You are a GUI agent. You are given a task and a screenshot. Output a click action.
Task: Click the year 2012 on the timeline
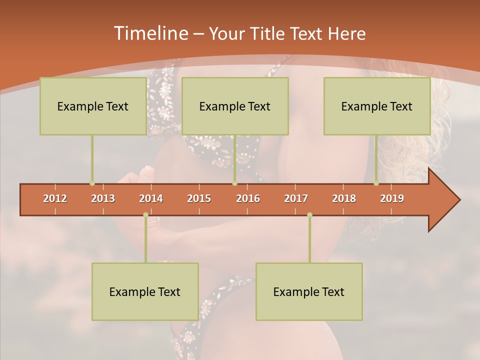(x=55, y=198)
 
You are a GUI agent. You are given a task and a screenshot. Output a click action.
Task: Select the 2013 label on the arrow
(x=103, y=198)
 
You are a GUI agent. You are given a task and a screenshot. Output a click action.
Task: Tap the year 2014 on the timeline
(x=151, y=198)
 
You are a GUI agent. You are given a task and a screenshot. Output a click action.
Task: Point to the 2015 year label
(x=199, y=198)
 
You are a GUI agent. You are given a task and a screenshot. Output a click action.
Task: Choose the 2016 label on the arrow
(x=248, y=198)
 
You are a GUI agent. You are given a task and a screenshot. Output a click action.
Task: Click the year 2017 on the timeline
(x=296, y=198)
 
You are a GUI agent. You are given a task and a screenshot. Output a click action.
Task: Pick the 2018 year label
(x=344, y=198)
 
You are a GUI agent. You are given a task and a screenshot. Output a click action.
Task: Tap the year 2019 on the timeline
(x=392, y=198)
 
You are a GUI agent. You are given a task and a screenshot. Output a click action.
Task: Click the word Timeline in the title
(x=150, y=33)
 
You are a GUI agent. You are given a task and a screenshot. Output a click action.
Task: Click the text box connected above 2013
(x=93, y=106)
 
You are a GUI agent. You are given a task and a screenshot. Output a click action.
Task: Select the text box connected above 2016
(x=235, y=106)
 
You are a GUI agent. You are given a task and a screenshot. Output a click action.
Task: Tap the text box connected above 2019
(x=377, y=106)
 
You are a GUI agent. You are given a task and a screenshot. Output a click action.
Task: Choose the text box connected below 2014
(x=145, y=291)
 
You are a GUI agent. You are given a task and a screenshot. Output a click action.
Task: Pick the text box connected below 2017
(x=309, y=291)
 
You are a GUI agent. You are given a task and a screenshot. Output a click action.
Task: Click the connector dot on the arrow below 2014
(x=145, y=214)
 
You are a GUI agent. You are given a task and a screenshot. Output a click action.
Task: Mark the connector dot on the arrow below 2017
(x=309, y=214)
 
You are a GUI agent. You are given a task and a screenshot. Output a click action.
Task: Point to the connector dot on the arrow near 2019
(x=376, y=183)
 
